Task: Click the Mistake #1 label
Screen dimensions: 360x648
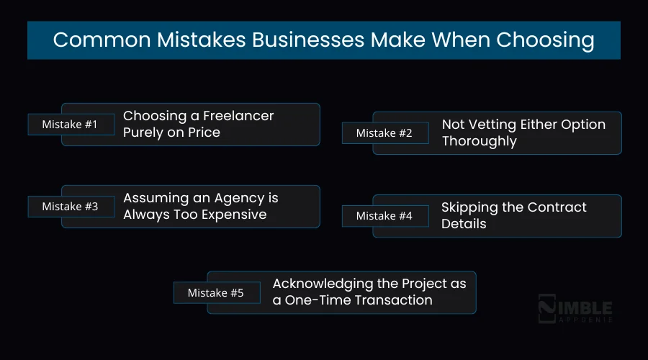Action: [x=69, y=125]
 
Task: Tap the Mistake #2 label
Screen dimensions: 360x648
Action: [x=385, y=133]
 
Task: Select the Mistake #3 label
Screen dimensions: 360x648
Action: [x=69, y=207]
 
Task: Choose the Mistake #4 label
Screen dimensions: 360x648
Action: [x=385, y=216]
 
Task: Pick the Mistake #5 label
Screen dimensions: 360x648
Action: [x=215, y=293]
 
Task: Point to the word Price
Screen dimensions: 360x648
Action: [x=203, y=132]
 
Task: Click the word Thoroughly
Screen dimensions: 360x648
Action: [x=479, y=141]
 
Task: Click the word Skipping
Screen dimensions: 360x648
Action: [x=469, y=207]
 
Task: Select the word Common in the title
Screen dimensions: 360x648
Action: [x=94, y=40]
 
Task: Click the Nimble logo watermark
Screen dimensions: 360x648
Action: [x=576, y=308]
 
